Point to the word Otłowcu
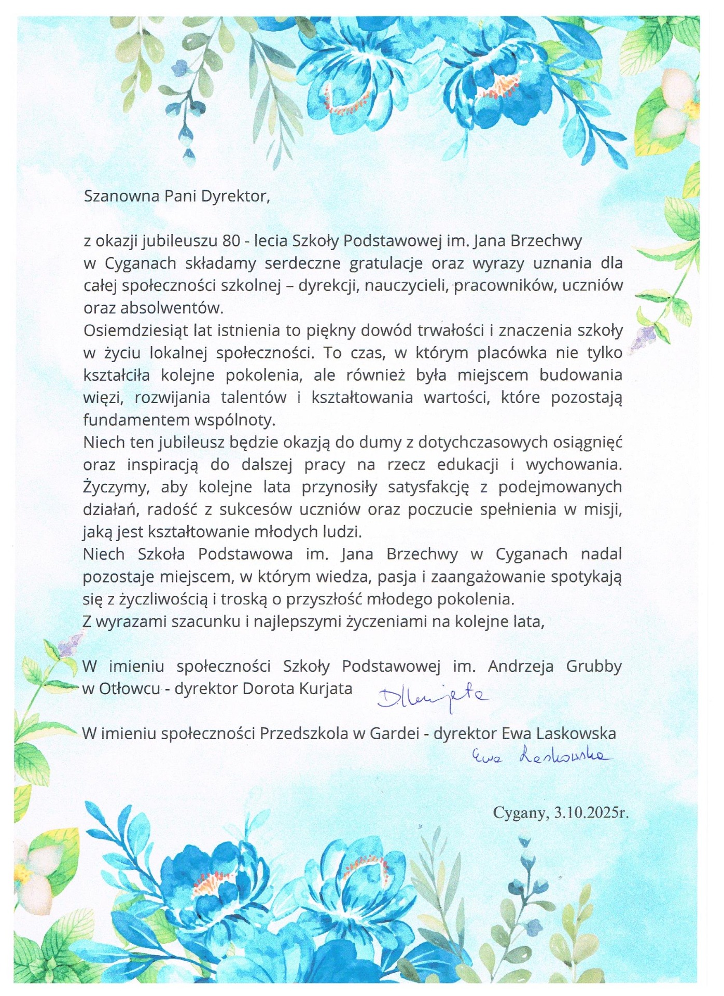(x=129, y=689)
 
